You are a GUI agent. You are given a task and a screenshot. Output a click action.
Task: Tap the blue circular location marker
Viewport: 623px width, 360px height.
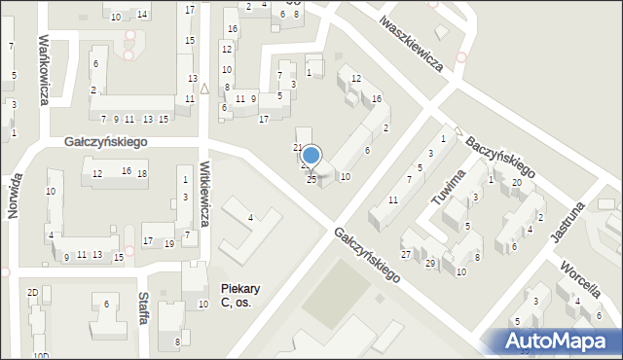[x=311, y=155]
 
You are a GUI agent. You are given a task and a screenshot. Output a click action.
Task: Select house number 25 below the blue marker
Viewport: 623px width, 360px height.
[x=311, y=180]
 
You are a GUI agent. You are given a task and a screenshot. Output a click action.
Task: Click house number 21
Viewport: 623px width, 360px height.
[x=298, y=147]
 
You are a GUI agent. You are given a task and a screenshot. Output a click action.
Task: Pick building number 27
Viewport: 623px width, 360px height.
[x=406, y=254]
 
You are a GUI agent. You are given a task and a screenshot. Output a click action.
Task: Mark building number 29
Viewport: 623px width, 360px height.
[x=429, y=264]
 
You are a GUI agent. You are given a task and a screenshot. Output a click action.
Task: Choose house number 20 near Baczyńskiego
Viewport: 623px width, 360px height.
[x=517, y=183]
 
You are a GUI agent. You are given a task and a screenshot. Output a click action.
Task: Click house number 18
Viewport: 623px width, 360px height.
[x=142, y=173]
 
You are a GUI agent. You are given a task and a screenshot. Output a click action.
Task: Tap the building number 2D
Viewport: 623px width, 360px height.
[x=32, y=292]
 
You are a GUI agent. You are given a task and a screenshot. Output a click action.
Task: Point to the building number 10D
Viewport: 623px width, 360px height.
[x=41, y=356]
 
